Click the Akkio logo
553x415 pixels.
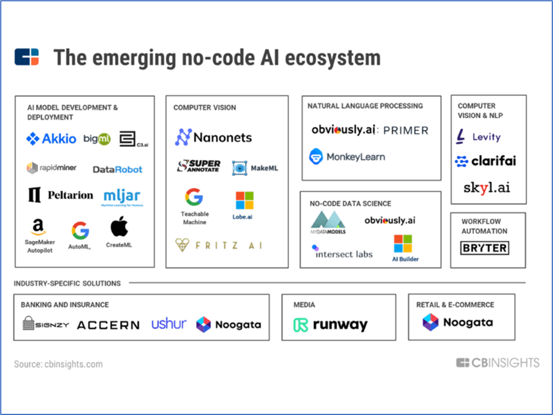point(51,139)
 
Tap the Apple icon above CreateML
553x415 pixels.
point(119,226)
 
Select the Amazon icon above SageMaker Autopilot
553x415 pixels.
point(39,226)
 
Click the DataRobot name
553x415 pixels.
point(117,169)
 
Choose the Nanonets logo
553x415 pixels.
point(213,138)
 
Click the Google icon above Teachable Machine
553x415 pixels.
point(194,197)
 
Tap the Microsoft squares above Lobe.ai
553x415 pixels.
point(244,200)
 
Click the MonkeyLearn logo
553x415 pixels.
point(347,157)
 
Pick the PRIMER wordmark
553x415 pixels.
point(405,130)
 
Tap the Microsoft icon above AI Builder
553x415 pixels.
point(402,244)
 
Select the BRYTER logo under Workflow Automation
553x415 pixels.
point(484,248)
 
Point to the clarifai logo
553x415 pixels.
point(486,161)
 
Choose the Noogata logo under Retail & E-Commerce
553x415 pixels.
point(458,322)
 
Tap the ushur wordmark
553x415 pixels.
point(169,324)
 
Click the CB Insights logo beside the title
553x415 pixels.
point(27,57)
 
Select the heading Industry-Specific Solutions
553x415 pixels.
point(67,283)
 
